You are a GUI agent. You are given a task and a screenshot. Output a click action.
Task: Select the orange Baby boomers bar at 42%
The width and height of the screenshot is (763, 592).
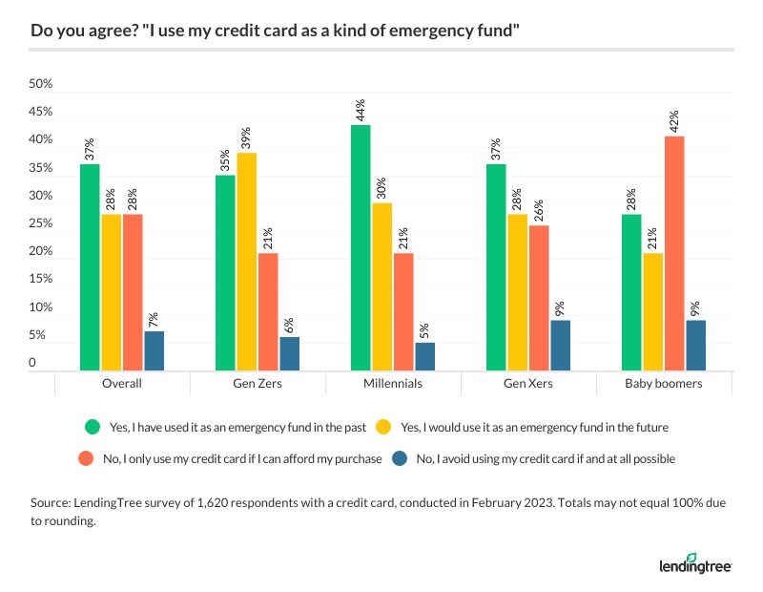[673, 253]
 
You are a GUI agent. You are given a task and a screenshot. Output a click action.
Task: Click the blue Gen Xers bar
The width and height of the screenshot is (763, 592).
[560, 345]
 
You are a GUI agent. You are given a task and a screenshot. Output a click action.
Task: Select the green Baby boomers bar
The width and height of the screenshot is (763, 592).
[631, 292]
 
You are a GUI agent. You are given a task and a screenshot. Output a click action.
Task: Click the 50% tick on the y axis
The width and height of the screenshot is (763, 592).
[40, 84]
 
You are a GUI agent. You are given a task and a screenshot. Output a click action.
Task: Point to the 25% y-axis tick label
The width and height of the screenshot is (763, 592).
[40, 223]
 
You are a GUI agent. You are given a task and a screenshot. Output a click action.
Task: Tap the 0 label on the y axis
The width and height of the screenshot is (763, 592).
[33, 364]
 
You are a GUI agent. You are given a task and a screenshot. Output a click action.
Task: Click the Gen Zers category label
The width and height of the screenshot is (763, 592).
[258, 383]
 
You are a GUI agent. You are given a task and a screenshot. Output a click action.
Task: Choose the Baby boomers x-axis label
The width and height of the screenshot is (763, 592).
[664, 383]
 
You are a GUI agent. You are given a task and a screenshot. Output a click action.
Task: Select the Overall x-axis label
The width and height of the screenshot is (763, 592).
[122, 383]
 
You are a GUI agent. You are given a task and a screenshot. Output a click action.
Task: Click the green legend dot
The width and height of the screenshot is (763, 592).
[93, 426]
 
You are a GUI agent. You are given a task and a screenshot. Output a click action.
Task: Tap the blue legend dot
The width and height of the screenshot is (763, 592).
[402, 458]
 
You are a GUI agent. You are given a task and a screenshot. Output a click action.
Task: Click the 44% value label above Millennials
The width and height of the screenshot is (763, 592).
[361, 110]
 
